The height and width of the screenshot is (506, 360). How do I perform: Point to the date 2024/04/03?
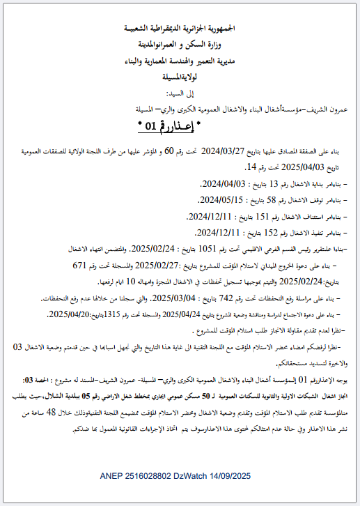(218, 184)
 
